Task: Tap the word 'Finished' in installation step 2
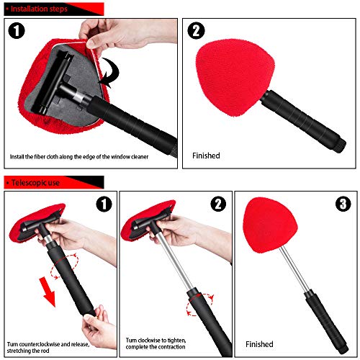207,154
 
